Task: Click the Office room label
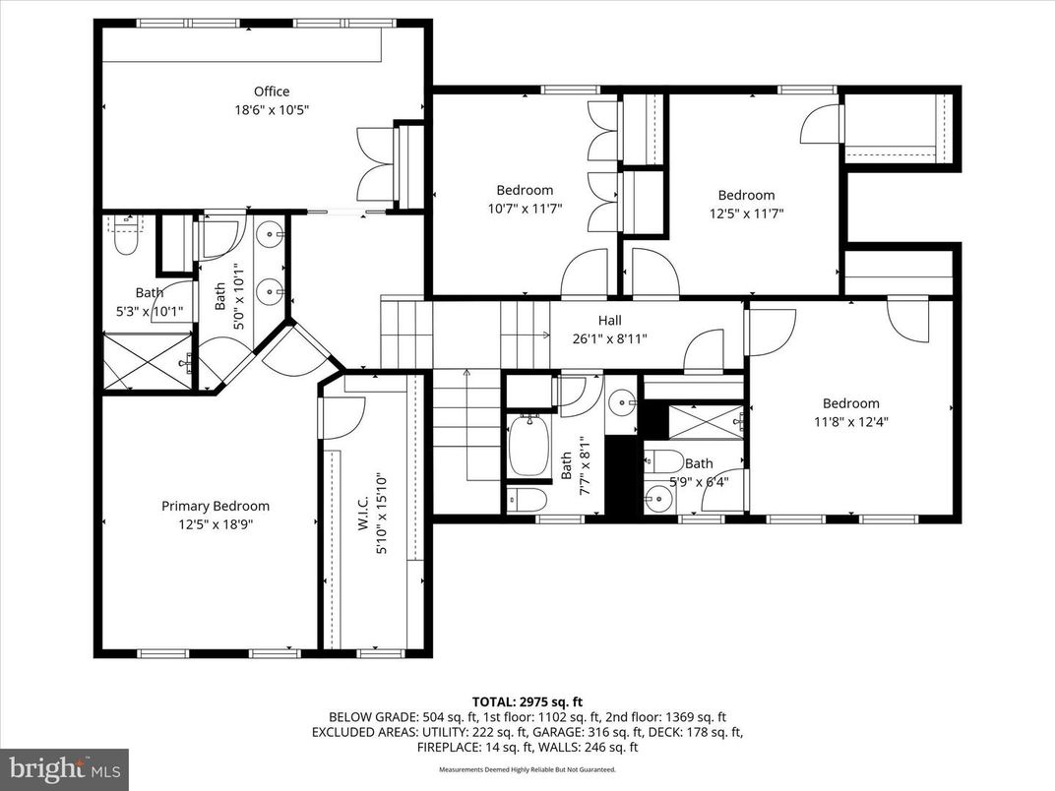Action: pyautogui.click(x=272, y=91)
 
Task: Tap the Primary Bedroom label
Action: pyautogui.click(x=215, y=506)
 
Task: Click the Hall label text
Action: pyautogui.click(x=610, y=320)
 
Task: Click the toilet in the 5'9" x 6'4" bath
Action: pyautogui.click(x=664, y=461)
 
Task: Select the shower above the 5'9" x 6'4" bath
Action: pyautogui.click(x=707, y=421)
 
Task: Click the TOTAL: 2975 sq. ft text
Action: pyautogui.click(x=527, y=701)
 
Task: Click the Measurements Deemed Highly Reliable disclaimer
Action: pyautogui.click(x=527, y=769)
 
